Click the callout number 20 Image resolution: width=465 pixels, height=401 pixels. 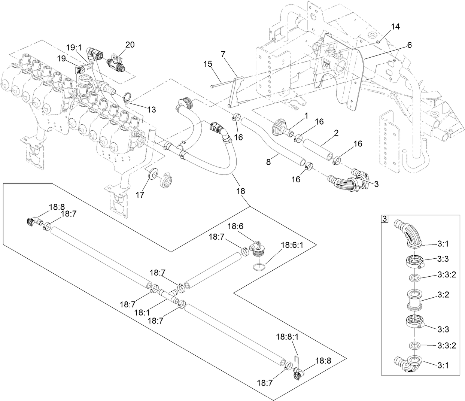pyautogui.click(x=130, y=45)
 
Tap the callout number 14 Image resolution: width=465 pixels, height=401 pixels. pyautogui.click(x=395, y=27)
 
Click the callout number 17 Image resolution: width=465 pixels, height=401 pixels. pyautogui.click(x=140, y=195)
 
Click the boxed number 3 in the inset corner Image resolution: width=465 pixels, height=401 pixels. pyautogui.click(x=385, y=219)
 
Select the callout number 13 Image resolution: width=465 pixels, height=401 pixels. pyautogui.click(x=151, y=109)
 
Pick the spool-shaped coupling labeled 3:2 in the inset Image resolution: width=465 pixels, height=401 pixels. pyautogui.click(x=415, y=299)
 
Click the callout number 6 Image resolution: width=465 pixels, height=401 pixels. pyautogui.click(x=409, y=45)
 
